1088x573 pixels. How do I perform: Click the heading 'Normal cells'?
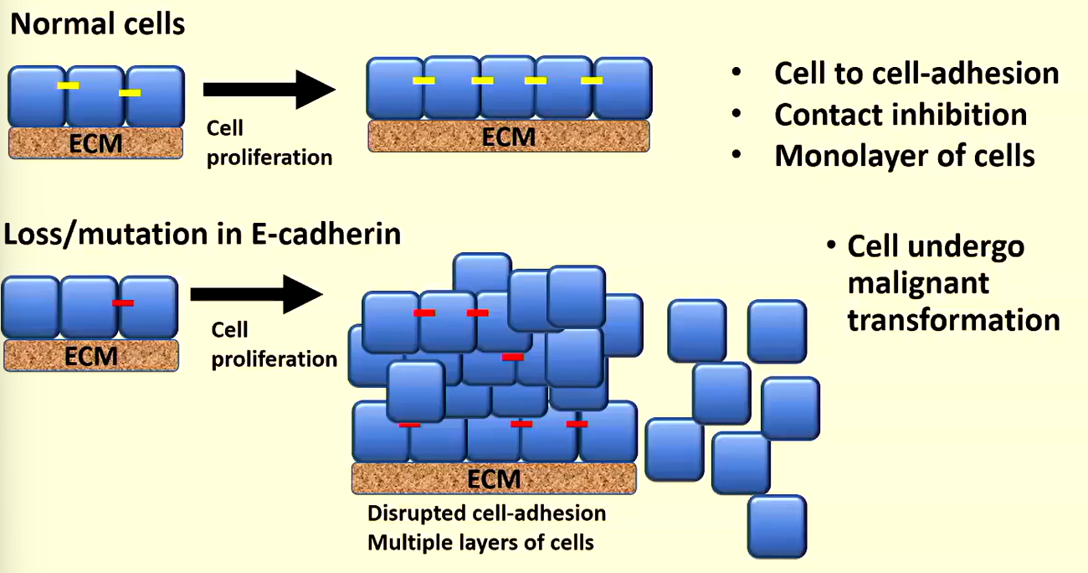(x=97, y=23)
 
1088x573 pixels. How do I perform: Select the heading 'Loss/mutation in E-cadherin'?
(x=203, y=234)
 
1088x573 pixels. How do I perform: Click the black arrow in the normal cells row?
(x=268, y=90)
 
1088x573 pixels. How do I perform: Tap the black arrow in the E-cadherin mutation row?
(x=256, y=293)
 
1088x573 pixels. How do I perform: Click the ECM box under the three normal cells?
(x=95, y=143)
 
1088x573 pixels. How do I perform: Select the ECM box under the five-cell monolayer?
(x=508, y=136)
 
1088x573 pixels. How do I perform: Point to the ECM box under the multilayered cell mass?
(x=494, y=478)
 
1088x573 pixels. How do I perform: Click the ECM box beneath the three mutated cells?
(x=91, y=357)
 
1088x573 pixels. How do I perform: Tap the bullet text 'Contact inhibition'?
(x=901, y=115)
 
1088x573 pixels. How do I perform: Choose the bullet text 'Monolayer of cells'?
(x=905, y=156)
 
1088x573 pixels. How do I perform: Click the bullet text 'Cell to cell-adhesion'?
(x=916, y=74)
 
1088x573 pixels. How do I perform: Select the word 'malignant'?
(x=918, y=283)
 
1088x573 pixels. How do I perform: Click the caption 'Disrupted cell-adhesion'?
(x=486, y=512)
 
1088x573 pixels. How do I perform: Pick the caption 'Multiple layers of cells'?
(x=480, y=542)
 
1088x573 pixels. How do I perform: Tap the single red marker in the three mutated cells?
(x=123, y=302)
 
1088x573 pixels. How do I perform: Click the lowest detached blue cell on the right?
(x=777, y=526)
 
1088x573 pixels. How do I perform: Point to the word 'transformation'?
(x=953, y=320)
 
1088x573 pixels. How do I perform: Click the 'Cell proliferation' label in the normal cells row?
(x=269, y=143)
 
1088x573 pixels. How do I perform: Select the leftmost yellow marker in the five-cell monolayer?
(x=424, y=80)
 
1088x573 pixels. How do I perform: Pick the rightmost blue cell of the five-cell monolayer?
(x=622, y=88)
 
